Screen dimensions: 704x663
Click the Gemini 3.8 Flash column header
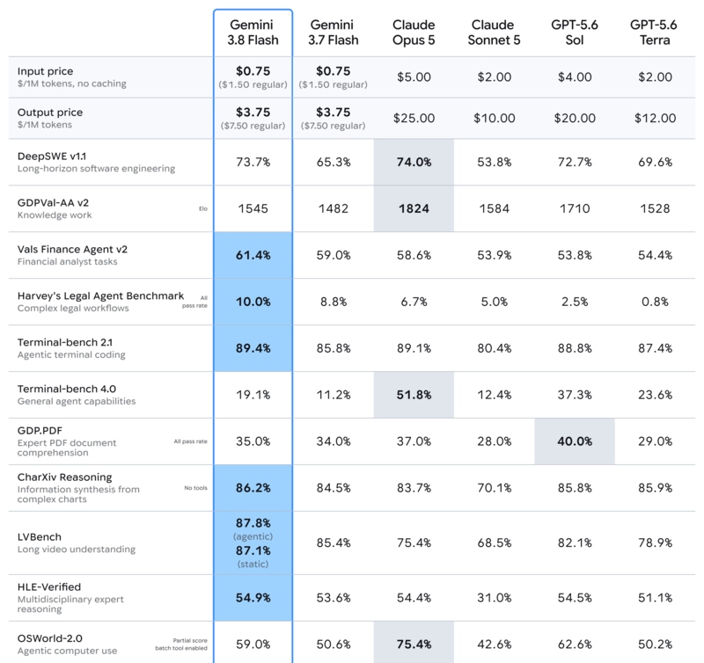[x=253, y=33]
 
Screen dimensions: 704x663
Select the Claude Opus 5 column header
[x=414, y=33]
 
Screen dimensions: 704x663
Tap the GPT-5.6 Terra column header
[x=654, y=33]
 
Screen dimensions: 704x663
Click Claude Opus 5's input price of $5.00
[x=414, y=77]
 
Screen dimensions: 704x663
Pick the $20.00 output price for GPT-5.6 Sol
[x=575, y=118]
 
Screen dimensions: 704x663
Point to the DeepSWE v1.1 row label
[x=52, y=157]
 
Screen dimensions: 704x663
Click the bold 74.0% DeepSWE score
[x=414, y=162]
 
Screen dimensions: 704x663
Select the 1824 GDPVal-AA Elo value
[x=414, y=208]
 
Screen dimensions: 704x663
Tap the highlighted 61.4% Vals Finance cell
[x=253, y=255]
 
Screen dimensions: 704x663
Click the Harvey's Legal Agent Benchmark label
[x=100, y=296]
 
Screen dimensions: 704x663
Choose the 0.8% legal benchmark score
[x=655, y=302]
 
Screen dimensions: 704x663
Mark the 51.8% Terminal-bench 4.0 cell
[x=414, y=395]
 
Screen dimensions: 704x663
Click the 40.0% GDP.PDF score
[x=575, y=441]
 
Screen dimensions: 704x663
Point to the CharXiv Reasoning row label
[x=64, y=477]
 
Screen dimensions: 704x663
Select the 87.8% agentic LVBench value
[x=253, y=523]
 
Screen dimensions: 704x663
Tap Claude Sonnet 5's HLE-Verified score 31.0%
[x=494, y=598]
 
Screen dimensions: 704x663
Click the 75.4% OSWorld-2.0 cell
[x=414, y=645]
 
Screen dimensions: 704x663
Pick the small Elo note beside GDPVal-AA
[x=203, y=208]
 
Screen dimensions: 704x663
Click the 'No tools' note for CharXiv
[x=195, y=488]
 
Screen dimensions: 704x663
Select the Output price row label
[x=50, y=113]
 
